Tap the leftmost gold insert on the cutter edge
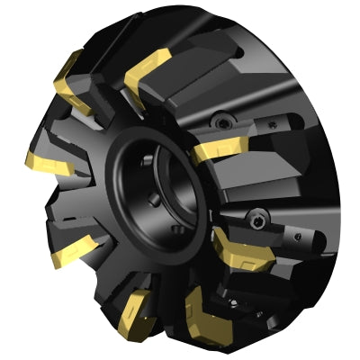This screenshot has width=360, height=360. [43, 162]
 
